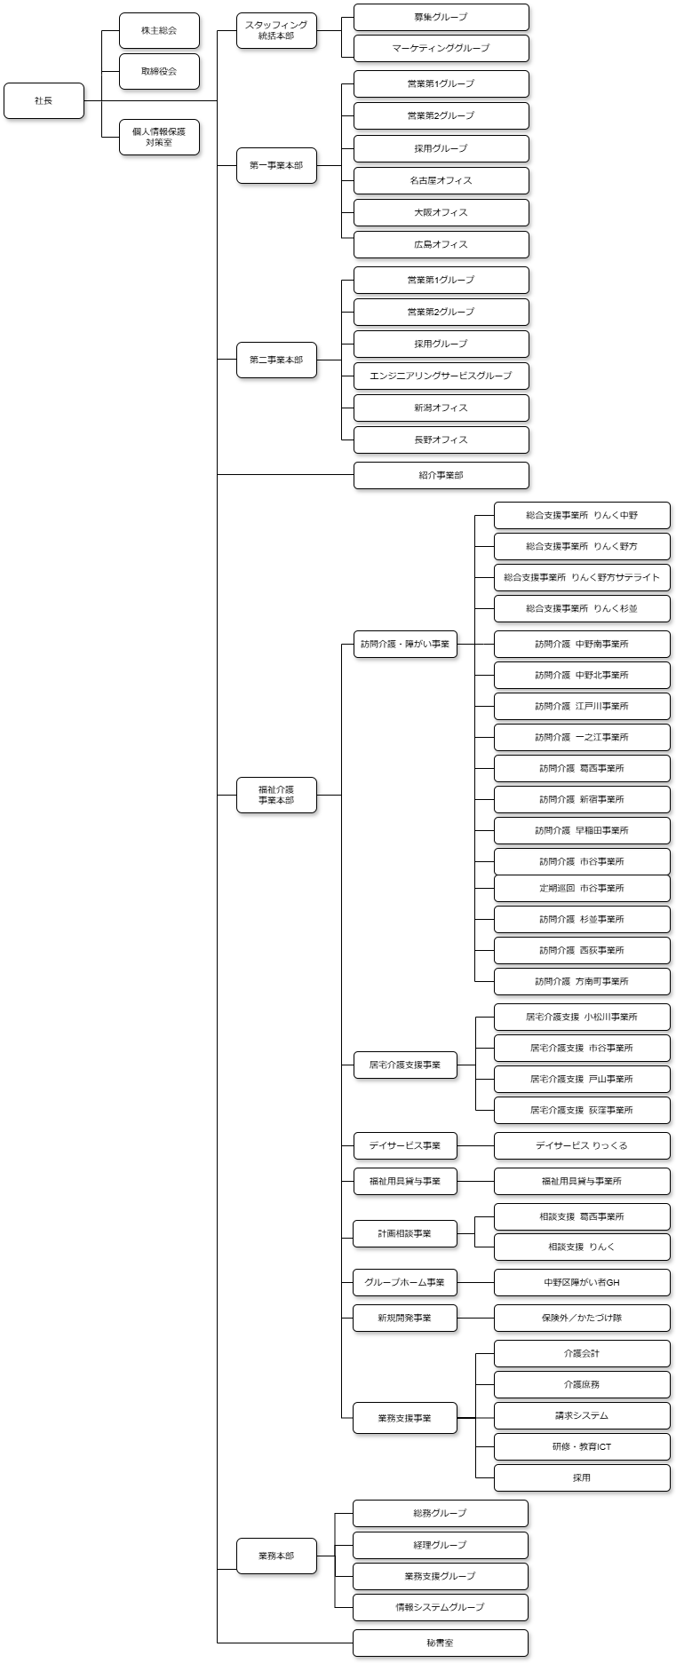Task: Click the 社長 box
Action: (x=44, y=100)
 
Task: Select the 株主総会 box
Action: (x=159, y=31)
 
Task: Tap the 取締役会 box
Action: (x=159, y=71)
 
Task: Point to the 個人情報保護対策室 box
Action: (x=159, y=137)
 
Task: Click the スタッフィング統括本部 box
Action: (x=276, y=31)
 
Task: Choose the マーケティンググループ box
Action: (x=441, y=48)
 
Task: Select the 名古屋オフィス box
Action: (x=441, y=180)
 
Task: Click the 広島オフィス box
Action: (x=441, y=244)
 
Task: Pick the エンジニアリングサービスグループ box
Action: (x=441, y=376)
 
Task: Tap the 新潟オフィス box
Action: (x=441, y=408)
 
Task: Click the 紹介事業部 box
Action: (x=441, y=475)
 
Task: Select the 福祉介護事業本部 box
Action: (x=276, y=794)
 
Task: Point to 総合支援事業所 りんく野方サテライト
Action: (x=582, y=577)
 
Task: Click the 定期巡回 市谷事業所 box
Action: (x=582, y=888)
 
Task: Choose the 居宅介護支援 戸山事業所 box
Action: (x=582, y=1079)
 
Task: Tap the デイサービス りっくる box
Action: (x=582, y=1145)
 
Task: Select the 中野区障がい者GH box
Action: (x=582, y=1282)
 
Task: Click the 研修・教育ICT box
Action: (x=582, y=1446)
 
